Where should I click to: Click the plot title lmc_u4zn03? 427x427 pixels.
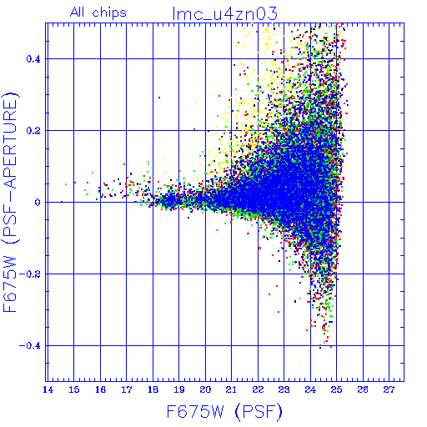(x=224, y=13)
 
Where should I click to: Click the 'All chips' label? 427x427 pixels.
(x=98, y=13)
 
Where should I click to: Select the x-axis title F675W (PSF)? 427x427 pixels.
(x=224, y=411)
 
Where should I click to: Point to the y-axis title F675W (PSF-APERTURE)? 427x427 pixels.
(x=10, y=203)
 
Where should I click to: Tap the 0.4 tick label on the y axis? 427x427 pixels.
(x=33, y=59)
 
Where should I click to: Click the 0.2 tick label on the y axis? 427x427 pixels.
(x=33, y=131)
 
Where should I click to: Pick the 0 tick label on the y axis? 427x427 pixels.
(x=38, y=203)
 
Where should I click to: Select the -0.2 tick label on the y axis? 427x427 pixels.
(x=30, y=274)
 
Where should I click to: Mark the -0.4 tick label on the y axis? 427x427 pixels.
(x=30, y=346)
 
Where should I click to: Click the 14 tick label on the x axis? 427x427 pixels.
(x=48, y=389)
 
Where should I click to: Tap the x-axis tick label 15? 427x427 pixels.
(x=74, y=389)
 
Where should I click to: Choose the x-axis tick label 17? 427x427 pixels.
(x=127, y=389)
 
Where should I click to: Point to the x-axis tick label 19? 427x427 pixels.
(x=179, y=389)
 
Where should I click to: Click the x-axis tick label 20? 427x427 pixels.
(x=205, y=389)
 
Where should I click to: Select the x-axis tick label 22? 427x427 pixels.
(x=258, y=389)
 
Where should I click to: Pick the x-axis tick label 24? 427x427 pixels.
(x=310, y=389)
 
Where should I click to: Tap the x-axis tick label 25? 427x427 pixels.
(x=337, y=389)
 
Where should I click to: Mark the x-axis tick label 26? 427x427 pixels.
(x=363, y=389)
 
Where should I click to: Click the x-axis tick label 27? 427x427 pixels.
(x=389, y=389)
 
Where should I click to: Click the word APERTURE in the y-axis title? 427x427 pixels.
(x=10, y=144)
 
